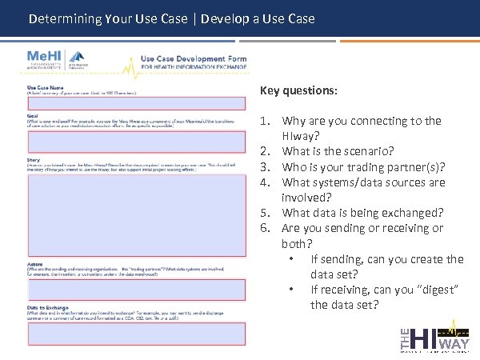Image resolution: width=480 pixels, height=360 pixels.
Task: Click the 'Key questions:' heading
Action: pyautogui.click(x=298, y=90)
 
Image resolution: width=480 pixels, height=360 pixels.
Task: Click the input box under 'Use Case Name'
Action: pyautogui.click(x=136, y=103)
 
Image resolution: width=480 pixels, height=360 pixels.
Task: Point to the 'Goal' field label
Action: pyautogui.click(x=33, y=116)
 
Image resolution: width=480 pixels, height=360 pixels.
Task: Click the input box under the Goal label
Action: pyautogui.click(x=136, y=141)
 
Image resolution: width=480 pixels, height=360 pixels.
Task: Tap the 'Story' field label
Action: pyautogui.click(x=34, y=159)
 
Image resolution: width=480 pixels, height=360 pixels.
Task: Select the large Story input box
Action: pyautogui.click(x=136, y=215)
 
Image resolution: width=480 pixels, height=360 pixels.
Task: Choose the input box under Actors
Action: pyautogui.click(x=136, y=289)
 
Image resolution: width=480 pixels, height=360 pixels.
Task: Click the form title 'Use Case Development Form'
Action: pyautogui.click(x=193, y=58)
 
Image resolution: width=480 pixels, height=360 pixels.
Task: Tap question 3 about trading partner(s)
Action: pyautogui.click(x=363, y=166)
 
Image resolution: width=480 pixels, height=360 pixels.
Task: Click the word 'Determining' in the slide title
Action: pyautogui.click(x=64, y=18)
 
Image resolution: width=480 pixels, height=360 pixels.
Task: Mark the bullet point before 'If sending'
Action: pyautogui.click(x=294, y=259)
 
